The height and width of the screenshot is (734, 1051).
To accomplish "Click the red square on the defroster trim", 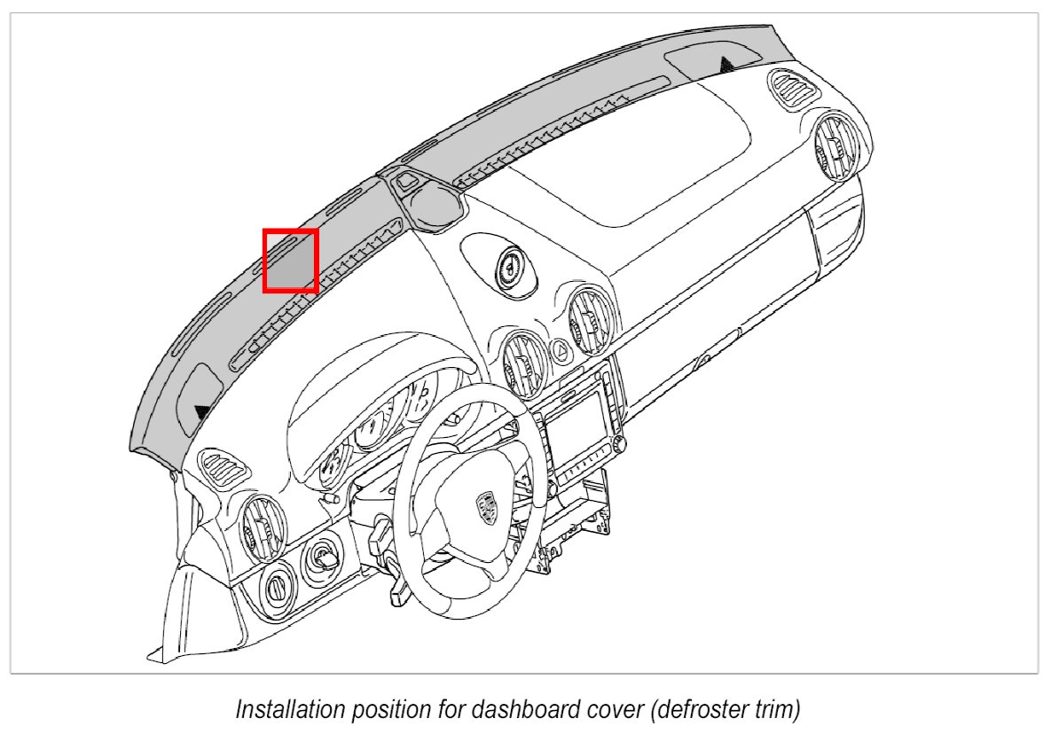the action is click(x=290, y=260).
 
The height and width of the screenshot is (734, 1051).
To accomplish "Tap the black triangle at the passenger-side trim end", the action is click(x=726, y=63).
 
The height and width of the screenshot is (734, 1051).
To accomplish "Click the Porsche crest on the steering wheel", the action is click(x=485, y=507).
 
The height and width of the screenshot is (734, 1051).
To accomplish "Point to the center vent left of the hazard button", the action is click(x=525, y=363).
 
